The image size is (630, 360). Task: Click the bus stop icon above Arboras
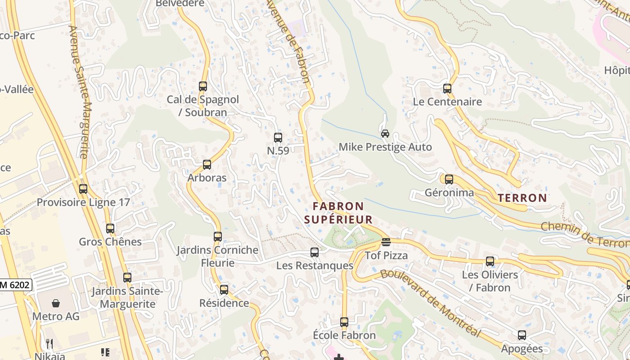207,165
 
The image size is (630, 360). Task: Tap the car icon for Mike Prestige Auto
385,134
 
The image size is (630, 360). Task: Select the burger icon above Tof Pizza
386,242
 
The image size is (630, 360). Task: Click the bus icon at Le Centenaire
447,89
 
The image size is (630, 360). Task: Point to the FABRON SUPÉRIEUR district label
338,213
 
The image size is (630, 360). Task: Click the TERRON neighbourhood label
522,198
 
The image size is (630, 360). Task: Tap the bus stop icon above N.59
278,138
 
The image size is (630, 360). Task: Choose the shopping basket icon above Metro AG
56,303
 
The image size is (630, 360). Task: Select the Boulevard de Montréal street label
430,302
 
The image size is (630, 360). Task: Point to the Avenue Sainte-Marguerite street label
80,92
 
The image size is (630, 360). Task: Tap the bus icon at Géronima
449,180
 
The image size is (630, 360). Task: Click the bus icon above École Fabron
344,322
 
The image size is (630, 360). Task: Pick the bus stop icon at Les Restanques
315,252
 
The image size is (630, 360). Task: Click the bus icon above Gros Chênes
110,229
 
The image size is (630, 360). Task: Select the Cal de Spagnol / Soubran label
203,106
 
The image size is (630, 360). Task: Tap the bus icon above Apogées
522,335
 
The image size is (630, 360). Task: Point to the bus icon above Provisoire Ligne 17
83,189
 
